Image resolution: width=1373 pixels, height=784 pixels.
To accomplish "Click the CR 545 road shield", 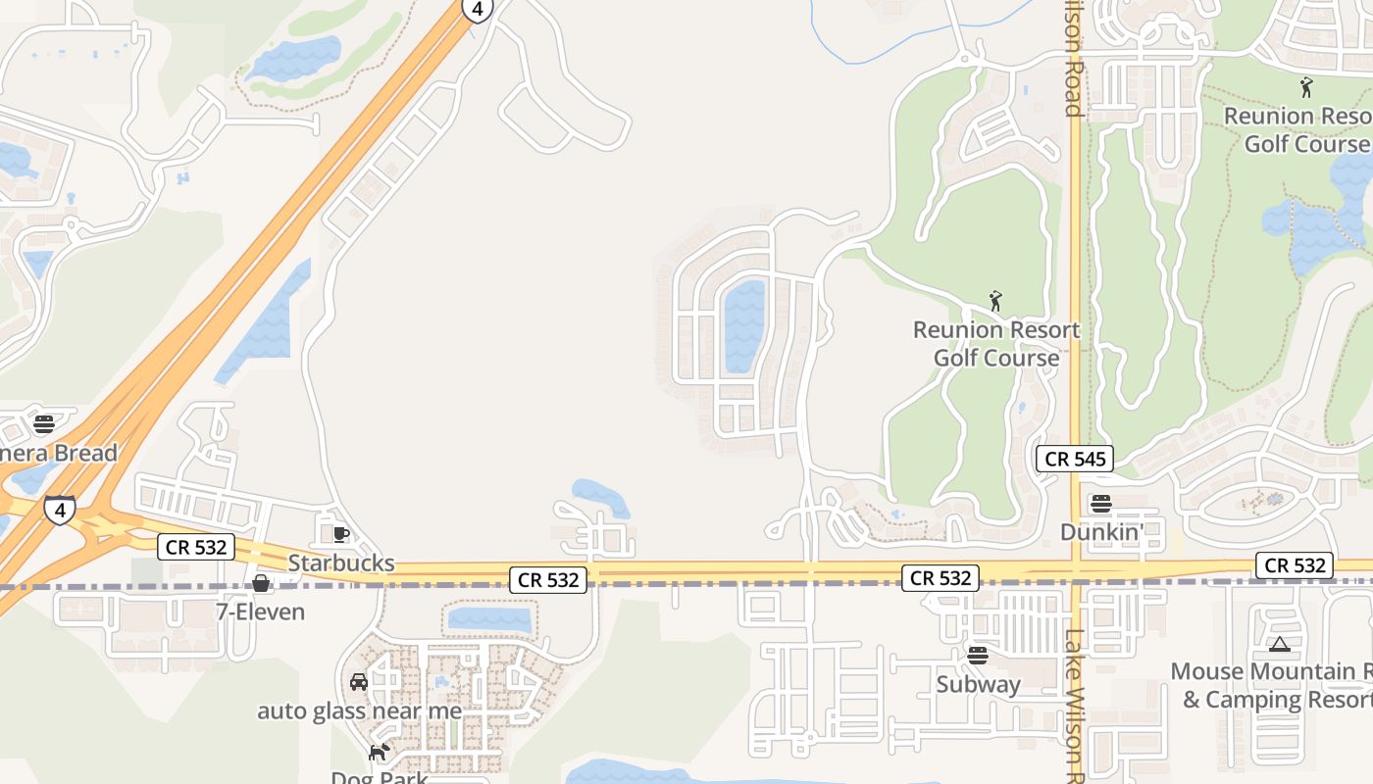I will coord(1075,459).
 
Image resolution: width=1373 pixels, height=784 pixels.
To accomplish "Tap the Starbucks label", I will coord(341,563).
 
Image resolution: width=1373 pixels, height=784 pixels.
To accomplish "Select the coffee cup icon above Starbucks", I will coord(340,534).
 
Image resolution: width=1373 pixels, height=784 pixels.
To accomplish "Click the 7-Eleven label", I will coord(260,612).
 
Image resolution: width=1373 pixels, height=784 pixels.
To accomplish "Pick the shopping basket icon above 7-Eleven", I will coord(261,584).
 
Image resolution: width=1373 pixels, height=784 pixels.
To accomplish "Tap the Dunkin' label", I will coord(1102,532).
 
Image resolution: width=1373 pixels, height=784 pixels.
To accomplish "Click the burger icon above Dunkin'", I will coord(1101,504).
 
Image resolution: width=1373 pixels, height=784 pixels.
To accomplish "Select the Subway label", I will coord(978,684).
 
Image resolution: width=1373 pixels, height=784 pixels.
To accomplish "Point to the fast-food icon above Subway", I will coord(977,656).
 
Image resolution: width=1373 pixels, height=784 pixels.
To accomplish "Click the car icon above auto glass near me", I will coord(359,682).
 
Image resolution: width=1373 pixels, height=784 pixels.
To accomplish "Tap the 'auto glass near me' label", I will coord(359,711).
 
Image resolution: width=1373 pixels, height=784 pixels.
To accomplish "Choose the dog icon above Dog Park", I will coord(379,753).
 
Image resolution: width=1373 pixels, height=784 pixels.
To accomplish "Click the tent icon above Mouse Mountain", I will coord(1278,645).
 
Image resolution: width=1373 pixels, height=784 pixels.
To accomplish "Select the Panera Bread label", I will coord(59,453).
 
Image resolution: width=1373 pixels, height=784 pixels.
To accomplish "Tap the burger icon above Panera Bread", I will coord(43,424).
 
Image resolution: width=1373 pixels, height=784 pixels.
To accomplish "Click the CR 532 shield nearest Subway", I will coord(941,578).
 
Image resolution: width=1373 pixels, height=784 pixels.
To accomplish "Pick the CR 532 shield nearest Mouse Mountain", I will coord(1296,565).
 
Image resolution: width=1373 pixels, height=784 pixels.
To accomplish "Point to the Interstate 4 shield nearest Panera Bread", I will coord(60,511).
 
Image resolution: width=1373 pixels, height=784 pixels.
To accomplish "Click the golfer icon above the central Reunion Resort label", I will coord(995,301).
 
